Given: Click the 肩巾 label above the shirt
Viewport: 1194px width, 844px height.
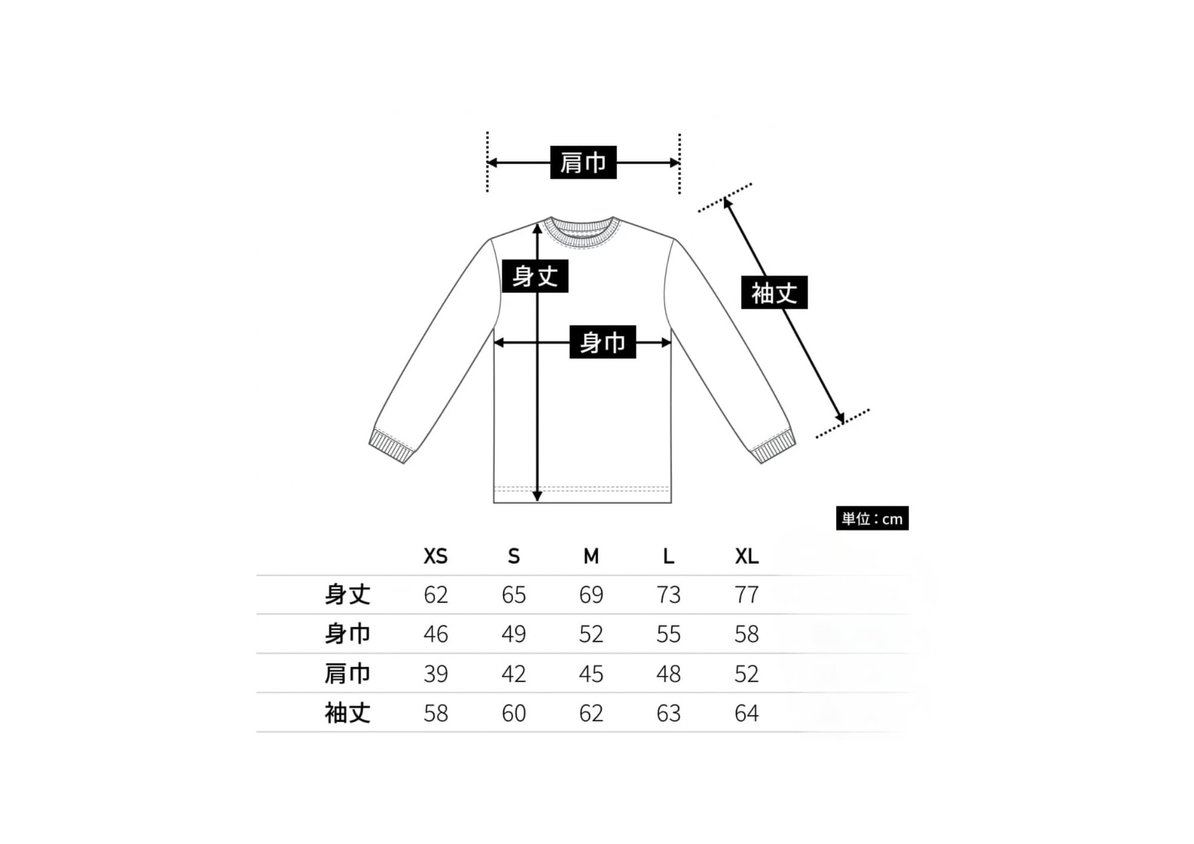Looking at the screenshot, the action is (583, 162).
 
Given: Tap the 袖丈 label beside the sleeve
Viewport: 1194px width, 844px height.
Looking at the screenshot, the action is (774, 292).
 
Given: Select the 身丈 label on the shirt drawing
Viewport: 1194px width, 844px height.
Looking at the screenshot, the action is (535, 276).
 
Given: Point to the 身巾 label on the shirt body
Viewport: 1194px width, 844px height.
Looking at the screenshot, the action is (602, 342).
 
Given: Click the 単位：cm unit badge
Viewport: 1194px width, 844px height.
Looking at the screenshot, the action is (872, 518).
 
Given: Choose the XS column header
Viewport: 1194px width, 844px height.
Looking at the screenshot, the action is (435, 556).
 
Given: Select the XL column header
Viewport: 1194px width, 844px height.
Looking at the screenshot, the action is (746, 556).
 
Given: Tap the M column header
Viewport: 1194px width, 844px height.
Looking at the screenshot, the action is (591, 556).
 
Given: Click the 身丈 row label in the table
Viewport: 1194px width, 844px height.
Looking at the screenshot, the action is (347, 595).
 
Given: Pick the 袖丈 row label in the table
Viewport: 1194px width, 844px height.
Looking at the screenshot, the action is (347, 713).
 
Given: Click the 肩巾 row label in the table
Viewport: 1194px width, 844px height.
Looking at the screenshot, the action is (347, 673).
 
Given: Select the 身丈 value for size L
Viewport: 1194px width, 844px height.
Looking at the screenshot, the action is (668, 595).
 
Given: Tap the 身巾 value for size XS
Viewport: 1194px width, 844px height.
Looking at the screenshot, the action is (435, 634).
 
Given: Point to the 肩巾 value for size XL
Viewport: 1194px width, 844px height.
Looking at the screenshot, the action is (746, 673).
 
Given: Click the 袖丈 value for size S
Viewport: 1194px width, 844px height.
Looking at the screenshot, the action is (513, 713).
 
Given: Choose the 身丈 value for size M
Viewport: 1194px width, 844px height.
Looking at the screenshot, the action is (591, 595).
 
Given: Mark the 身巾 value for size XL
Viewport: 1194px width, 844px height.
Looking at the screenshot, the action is (746, 634).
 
